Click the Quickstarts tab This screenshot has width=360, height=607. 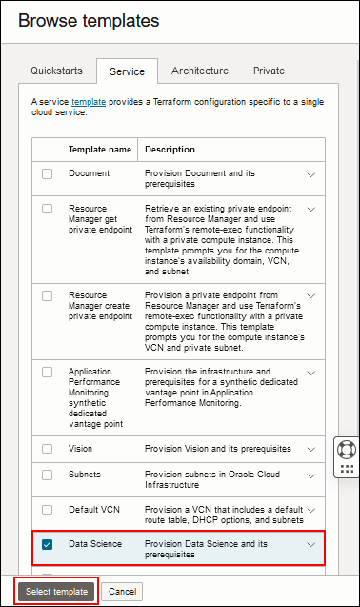[56, 71]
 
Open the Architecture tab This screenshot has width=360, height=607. [199, 71]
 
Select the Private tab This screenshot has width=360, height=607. [269, 71]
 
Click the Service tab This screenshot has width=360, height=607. [127, 71]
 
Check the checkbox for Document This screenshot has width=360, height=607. [48, 174]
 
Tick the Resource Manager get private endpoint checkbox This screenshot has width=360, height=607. [48, 208]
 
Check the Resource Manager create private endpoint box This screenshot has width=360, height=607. [48, 296]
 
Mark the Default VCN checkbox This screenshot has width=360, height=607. [48, 511]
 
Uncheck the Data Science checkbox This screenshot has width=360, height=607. [48, 544]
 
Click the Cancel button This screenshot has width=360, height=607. [122, 592]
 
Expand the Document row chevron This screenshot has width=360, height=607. [310, 175]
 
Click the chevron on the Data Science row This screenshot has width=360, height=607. [310, 545]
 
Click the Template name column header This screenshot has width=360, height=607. [99, 150]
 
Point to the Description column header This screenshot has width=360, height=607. [170, 150]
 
